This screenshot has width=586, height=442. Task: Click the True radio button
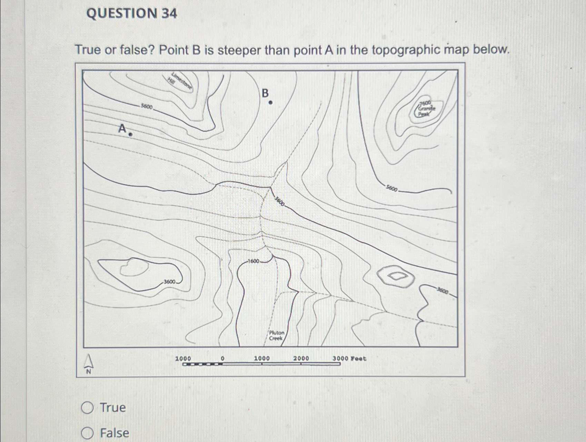point(88,408)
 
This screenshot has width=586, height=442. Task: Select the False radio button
point(88,433)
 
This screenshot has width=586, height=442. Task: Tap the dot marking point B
point(271,103)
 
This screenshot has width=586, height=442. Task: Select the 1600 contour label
point(254,261)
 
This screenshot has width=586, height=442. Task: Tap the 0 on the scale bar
point(222,358)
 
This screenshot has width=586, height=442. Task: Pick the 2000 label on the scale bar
point(301,358)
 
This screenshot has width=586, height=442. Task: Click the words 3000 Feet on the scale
point(349,358)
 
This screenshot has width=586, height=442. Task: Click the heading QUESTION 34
point(132,14)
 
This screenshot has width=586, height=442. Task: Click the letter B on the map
point(265,93)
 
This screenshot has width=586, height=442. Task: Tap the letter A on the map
point(122,128)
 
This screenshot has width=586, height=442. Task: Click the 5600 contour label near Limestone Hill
point(146,107)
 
